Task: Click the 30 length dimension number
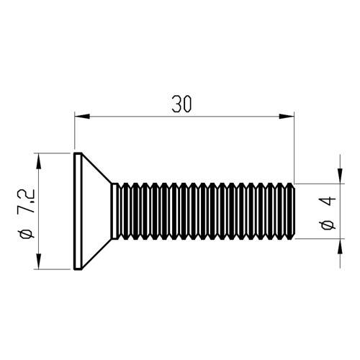coord(182,104)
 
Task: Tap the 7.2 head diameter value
coord(27,201)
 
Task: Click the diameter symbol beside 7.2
coord(27,233)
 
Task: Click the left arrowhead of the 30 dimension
coord(82,117)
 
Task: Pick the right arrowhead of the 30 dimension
coord(287,117)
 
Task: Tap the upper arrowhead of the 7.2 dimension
coord(38,161)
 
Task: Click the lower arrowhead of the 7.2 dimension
coord(38,261)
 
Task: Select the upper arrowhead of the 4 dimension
coord(340,176)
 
